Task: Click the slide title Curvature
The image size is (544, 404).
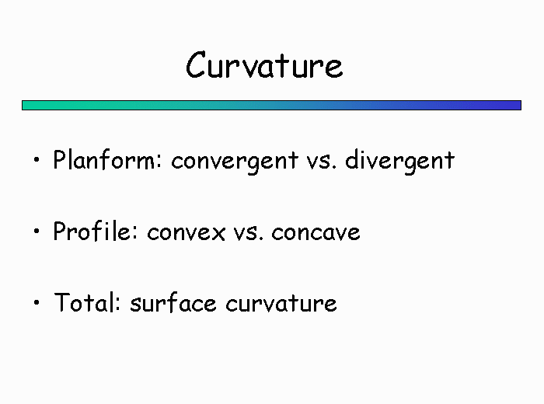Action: point(264,64)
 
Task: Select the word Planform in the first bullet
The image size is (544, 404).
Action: point(104,160)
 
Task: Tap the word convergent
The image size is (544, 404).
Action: point(235,162)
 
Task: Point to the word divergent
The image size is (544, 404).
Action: point(399,161)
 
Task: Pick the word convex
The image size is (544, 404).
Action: point(186,233)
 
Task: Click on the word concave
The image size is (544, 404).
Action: point(316,233)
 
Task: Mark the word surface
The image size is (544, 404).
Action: point(173,303)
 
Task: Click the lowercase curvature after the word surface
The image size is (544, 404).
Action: point(281,304)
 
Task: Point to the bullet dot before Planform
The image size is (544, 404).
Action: point(37,160)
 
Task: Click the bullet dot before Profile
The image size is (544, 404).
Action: point(37,231)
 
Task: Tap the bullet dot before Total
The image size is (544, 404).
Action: point(37,302)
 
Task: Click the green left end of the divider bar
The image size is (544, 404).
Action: point(23,106)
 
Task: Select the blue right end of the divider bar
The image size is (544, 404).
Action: point(520,106)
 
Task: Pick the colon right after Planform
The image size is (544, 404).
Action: point(159,162)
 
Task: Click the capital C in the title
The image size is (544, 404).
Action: point(197,65)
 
